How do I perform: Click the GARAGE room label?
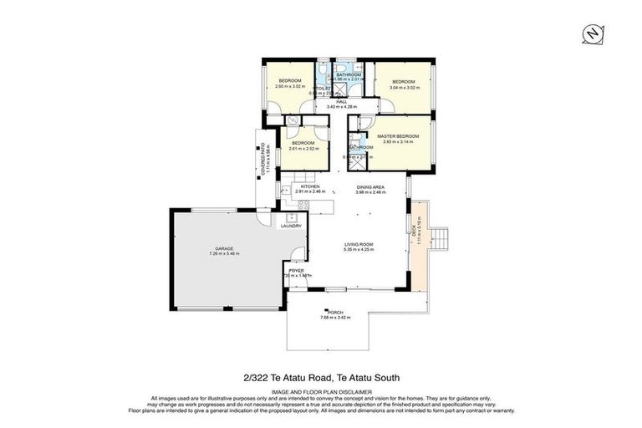coord(224,248)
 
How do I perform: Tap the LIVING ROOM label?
coord(358,244)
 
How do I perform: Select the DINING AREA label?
coord(370,188)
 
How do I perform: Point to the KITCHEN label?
coord(310,186)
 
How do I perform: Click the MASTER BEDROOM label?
coord(397,136)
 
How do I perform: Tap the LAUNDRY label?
coord(292,226)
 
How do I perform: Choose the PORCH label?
coord(335,313)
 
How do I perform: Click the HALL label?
coord(341,101)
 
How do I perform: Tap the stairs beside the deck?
coord(444,240)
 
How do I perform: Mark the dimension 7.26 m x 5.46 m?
coord(224,253)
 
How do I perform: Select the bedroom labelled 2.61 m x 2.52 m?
coord(302,145)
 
